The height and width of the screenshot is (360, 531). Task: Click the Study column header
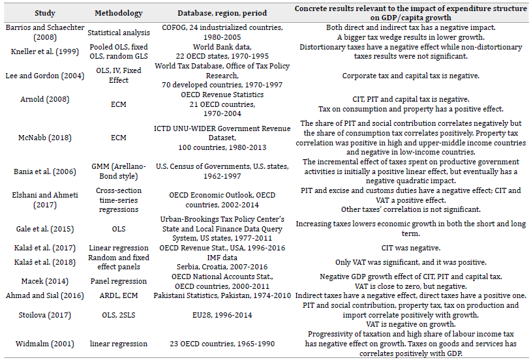click(x=42, y=13)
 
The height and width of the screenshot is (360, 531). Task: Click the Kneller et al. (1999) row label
click(x=42, y=52)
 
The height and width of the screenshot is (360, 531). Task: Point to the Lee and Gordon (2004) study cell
click(x=42, y=76)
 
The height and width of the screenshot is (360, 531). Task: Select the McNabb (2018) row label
click(x=42, y=138)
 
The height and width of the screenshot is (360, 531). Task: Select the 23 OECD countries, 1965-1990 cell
click(x=221, y=344)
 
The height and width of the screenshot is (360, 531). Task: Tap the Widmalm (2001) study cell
click(x=42, y=344)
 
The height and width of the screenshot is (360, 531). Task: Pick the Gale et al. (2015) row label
click(x=42, y=228)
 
